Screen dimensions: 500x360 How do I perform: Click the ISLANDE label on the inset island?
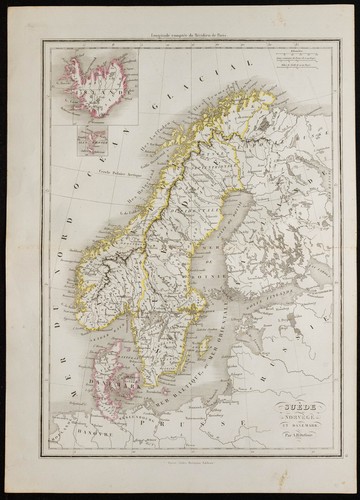[86, 74]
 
